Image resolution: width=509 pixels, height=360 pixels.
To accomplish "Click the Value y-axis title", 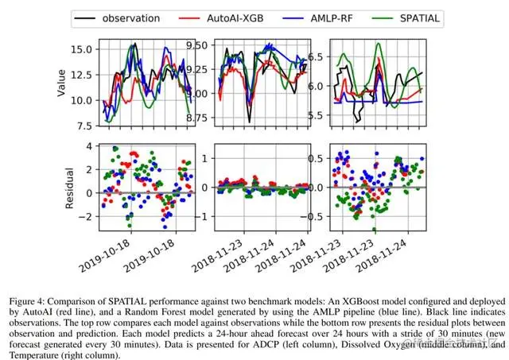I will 62,81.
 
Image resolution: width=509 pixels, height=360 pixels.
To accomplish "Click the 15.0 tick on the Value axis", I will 83,50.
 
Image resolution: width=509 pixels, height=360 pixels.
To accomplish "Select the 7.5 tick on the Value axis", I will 85,126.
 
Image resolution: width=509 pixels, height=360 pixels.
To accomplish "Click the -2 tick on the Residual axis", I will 87,216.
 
